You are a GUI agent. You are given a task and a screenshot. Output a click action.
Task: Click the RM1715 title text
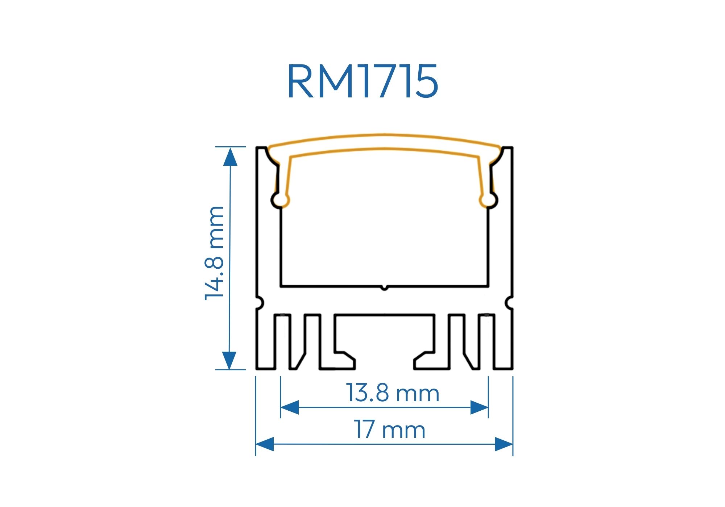coord(362,81)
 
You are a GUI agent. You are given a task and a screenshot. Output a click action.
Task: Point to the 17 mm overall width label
coord(389,430)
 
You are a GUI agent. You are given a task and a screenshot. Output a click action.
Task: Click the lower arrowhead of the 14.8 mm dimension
coord(229,360)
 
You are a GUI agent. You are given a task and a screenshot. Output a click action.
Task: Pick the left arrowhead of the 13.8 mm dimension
coord(290,407)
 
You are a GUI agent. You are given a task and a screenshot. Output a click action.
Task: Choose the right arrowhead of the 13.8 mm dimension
coord(479,407)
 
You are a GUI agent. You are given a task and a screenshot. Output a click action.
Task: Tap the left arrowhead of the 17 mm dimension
coord(265,444)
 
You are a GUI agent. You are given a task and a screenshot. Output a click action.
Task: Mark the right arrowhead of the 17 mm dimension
coord(504,444)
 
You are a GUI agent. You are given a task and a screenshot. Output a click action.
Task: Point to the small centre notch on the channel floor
coord(385,288)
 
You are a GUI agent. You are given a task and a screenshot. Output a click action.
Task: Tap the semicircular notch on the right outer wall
coord(510,303)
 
